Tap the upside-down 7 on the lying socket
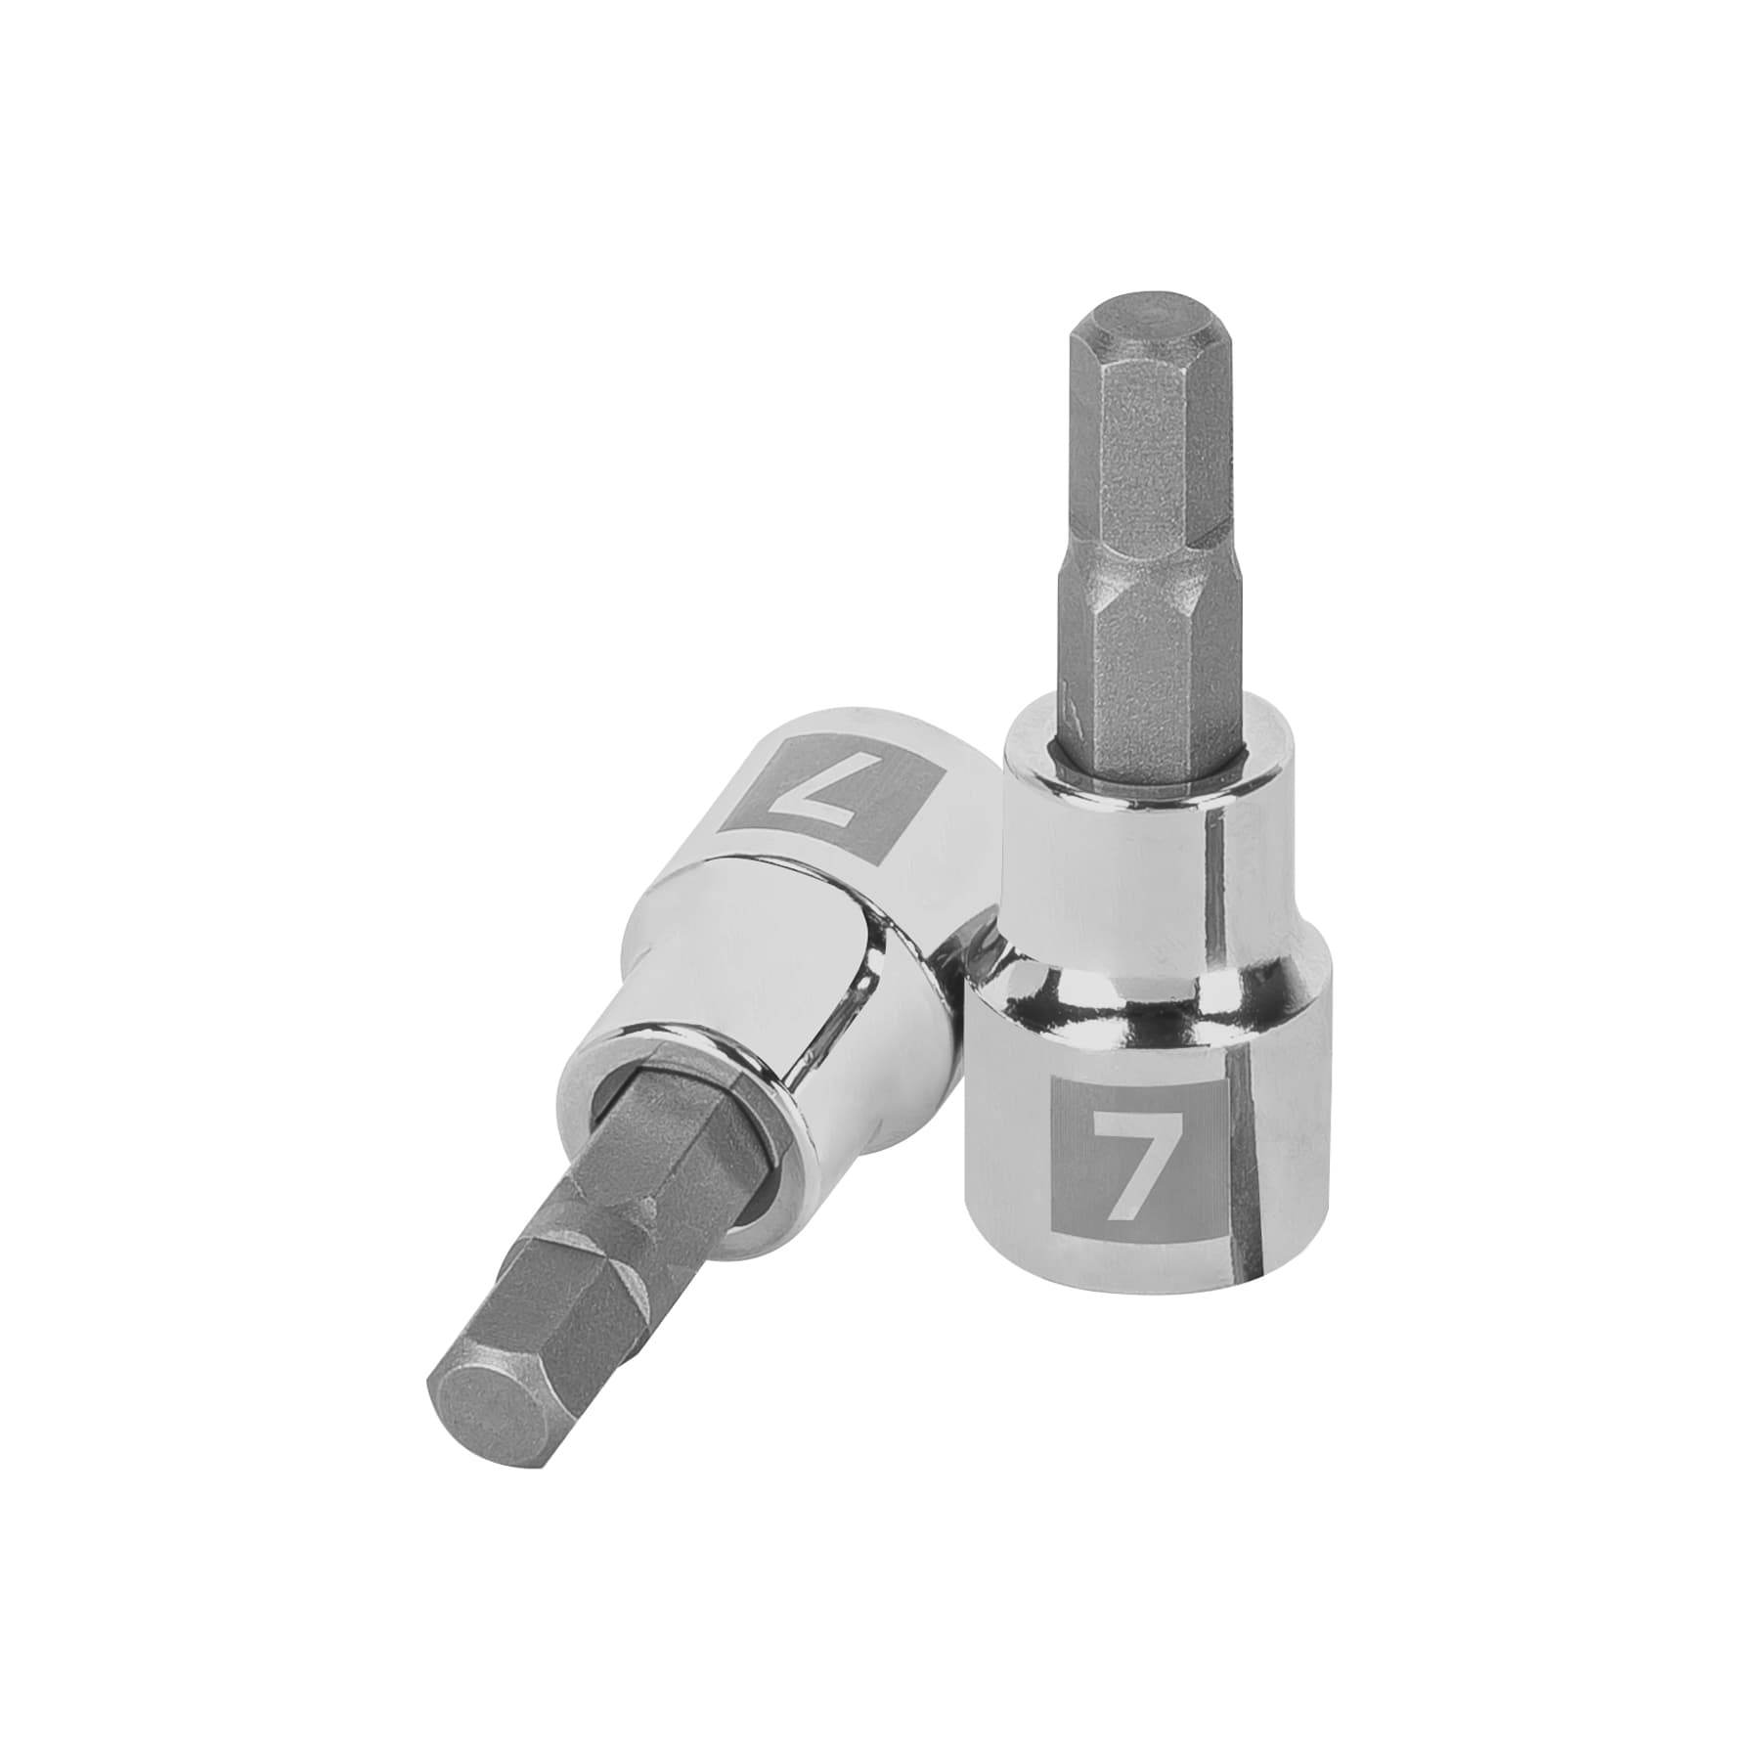802,784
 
